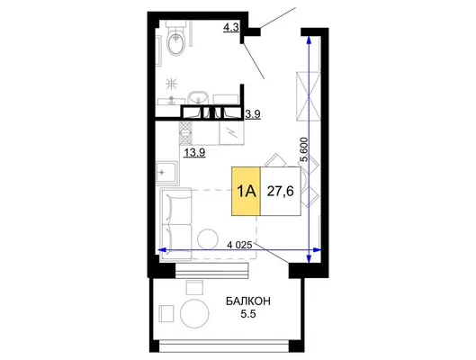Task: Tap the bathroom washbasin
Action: click(x=198, y=98)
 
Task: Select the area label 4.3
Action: click(x=231, y=28)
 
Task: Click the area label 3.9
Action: click(x=253, y=114)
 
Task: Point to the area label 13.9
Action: click(x=194, y=153)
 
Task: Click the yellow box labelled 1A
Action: click(x=246, y=191)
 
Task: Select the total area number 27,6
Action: click(x=280, y=191)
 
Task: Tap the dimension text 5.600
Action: click(x=303, y=149)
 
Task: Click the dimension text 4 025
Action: click(x=239, y=245)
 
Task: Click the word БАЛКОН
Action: click(x=248, y=301)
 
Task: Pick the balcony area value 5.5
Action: click(x=248, y=314)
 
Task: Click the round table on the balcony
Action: click(x=194, y=313)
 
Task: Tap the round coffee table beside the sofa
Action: click(x=208, y=238)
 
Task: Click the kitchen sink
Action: click(x=166, y=173)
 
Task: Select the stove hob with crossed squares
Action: click(x=185, y=132)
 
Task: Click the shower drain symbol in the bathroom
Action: click(x=172, y=84)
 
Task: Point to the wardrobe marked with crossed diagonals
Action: click(x=308, y=96)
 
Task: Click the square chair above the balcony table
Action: click(x=194, y=287)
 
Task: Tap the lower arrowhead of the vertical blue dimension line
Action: click(x=309, y=259)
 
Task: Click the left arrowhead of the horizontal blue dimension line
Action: click(x=163, y=250)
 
